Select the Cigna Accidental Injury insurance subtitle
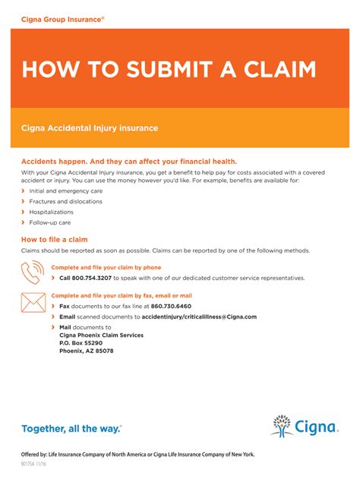tap(90, 128)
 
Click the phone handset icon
tap(33, 272)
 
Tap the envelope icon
tap(33, 302)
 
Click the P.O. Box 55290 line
tap(81, 343)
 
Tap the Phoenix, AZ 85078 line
tap(86, 351)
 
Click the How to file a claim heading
tap(55, 239)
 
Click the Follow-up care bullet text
tap(50, 223)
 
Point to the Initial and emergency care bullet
tap(66, 191)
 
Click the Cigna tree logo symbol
tap(282, 426)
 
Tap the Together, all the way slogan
tap(71, 429)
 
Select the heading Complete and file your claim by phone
tap(106, 267)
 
